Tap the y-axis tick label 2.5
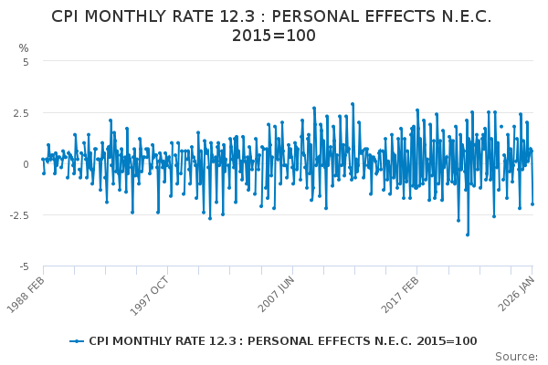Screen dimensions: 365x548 [21, 113]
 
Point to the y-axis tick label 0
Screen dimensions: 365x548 [26, 164]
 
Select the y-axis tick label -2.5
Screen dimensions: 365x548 [19, 215]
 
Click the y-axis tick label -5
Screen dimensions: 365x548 [24, 266]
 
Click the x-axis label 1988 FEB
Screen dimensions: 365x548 [26, 294]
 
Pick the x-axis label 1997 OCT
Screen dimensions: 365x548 [149, 294]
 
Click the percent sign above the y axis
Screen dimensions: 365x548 [24, 47]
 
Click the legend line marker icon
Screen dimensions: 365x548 [77, 341]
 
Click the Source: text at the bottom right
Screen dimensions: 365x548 [517, 356]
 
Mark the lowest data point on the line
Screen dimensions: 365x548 [468, 235]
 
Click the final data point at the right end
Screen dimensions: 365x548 [532, 203]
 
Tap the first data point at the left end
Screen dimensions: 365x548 [42, 159]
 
